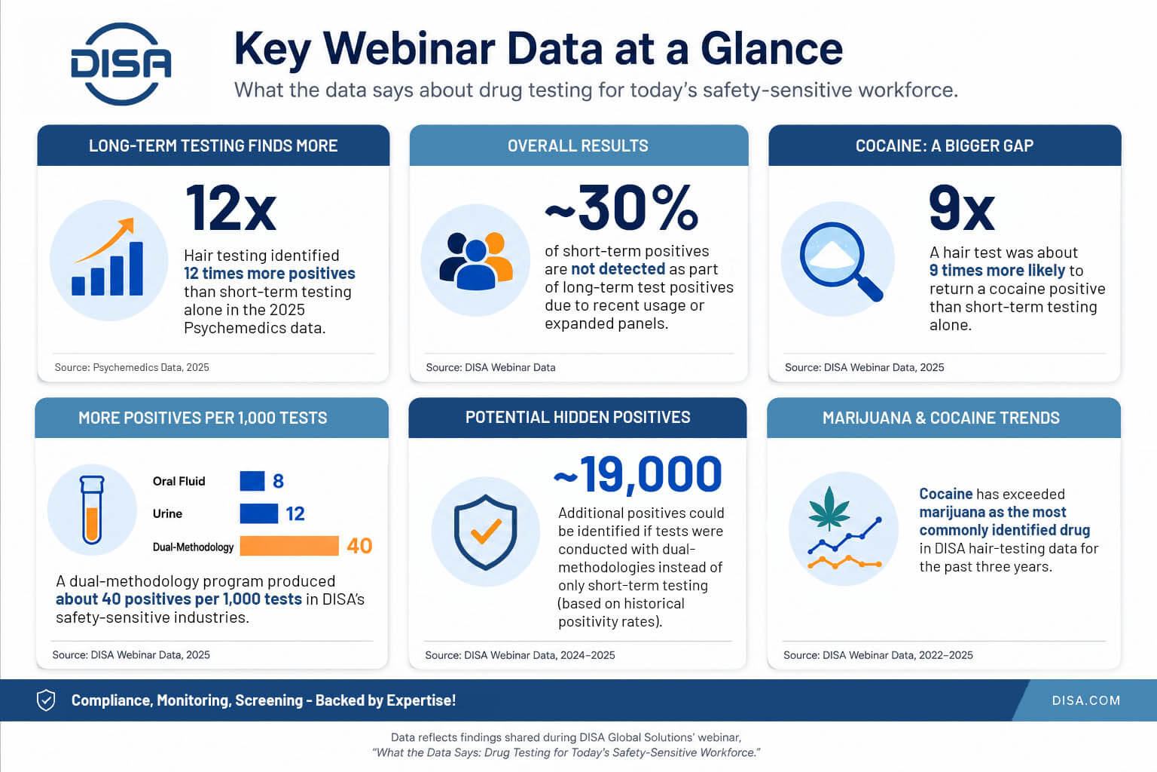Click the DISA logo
pos(121,64)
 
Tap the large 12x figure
pos(231,208)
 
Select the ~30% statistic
pos(622,208)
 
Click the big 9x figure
pos(961,208)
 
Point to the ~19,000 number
pos(637,474)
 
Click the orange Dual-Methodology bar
pos(289,546)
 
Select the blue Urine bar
pos(259,513)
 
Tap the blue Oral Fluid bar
pos(252,481)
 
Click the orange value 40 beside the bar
pos(359,546)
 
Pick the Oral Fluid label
pos(179,482)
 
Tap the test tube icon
pos(92,510)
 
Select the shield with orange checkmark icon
pos(486,532)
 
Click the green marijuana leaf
pos(829,509)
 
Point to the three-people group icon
pos(476,261)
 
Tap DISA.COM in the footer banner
pos(1086,700)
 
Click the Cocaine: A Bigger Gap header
pos(945,146)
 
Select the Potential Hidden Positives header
pos(578,418)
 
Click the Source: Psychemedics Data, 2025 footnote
pos(132,367)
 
